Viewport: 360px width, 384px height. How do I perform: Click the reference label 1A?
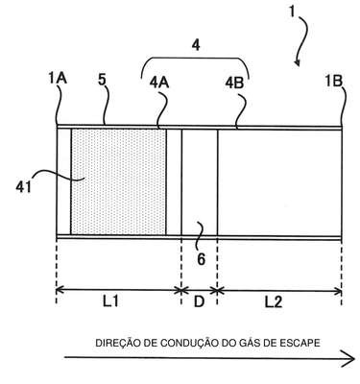point(58,79)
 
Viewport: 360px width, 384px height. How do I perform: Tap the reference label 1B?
point(334,82)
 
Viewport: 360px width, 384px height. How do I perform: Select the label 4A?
point(159,83)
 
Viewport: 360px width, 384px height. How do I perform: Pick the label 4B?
point(234,84)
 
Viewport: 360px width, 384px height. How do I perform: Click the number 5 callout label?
point(102,80)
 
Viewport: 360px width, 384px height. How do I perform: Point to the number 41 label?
point(24,187)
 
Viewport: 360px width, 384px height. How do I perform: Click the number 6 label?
point(201,259)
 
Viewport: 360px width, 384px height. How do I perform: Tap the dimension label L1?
point(110,301)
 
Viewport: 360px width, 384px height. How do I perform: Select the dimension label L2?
point(274,301)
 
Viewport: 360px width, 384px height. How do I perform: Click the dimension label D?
point(199,301)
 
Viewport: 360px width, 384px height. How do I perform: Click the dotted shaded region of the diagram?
point(118,181)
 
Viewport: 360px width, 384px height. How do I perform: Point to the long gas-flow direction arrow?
point(209,358)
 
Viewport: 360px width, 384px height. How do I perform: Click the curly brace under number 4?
point(195,59)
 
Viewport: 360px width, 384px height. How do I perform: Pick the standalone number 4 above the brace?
point(196,45)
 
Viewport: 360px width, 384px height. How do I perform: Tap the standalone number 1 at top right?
point(292,12)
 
